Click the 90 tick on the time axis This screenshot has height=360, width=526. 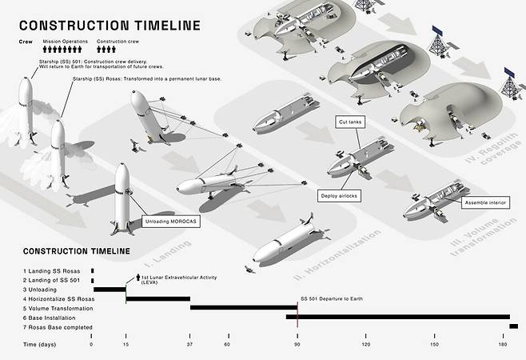[297, 344]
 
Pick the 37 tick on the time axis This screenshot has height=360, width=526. [190, 344]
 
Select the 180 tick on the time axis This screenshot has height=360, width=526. [503, 344]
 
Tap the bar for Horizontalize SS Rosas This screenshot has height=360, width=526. [158, 298]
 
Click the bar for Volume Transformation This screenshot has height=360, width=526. [244, 308]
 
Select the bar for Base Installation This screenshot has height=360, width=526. [397, 317]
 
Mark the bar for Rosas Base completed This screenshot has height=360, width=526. [513, 326]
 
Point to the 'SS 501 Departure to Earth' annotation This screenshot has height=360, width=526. [331, 298]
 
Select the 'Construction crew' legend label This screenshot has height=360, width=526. [118, 41]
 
